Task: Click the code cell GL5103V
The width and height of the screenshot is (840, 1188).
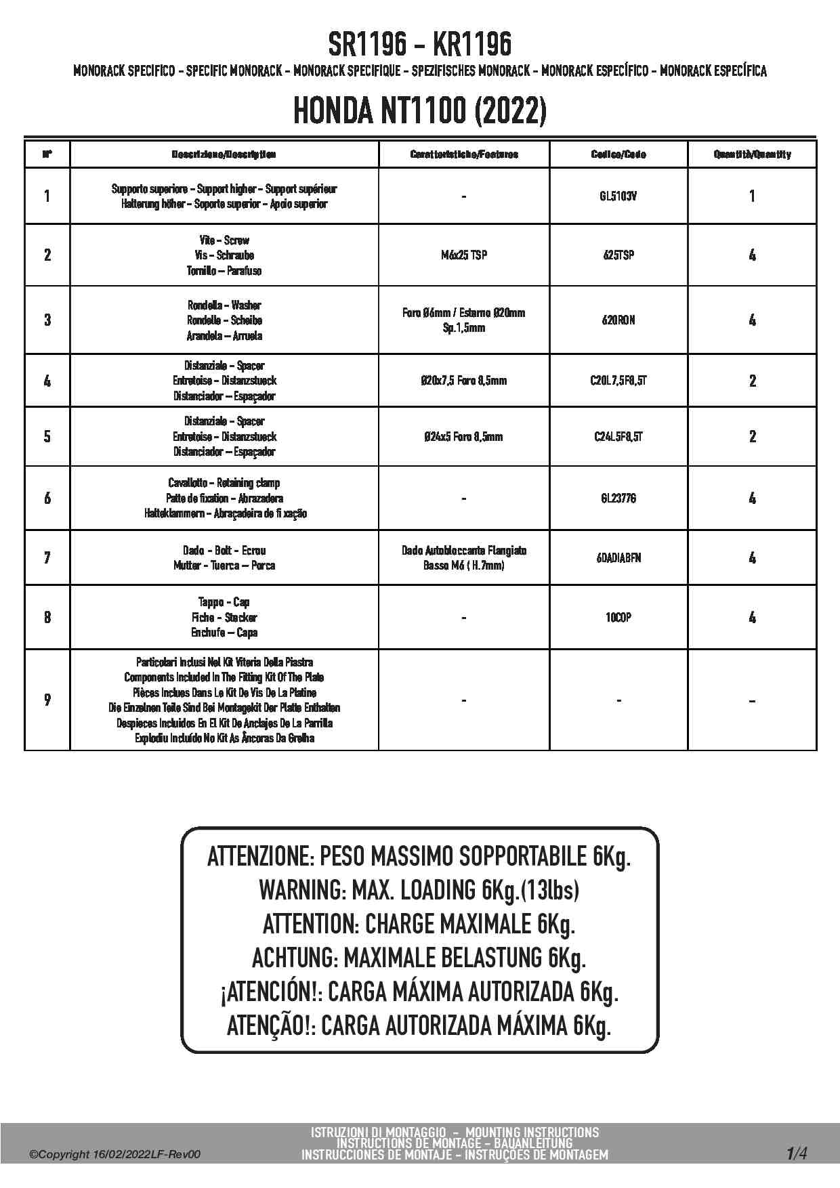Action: (618, 196)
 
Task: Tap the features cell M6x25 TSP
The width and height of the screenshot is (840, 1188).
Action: (463, 255)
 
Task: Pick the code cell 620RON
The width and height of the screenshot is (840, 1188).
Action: (618, 320)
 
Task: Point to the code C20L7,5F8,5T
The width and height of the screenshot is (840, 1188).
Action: (618, 381)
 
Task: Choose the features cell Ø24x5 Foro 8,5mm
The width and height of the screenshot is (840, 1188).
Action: (463, 437)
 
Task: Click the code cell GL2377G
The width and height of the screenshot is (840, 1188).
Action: (618, 498)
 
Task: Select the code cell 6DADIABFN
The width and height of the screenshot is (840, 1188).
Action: (618, 558)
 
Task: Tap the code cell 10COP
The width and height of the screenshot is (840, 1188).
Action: (618, 618)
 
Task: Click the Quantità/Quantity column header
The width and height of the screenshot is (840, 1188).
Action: (752, 154)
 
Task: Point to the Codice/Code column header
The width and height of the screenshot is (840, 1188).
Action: (618, 154)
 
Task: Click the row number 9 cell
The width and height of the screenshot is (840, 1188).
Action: (47, 700)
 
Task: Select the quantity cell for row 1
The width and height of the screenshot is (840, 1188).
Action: (752, 196)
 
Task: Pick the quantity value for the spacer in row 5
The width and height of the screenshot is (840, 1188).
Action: (752, 437)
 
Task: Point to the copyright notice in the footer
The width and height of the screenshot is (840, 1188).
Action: (115, 1154)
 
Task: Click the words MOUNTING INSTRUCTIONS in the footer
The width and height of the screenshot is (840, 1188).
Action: (532, 1132)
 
